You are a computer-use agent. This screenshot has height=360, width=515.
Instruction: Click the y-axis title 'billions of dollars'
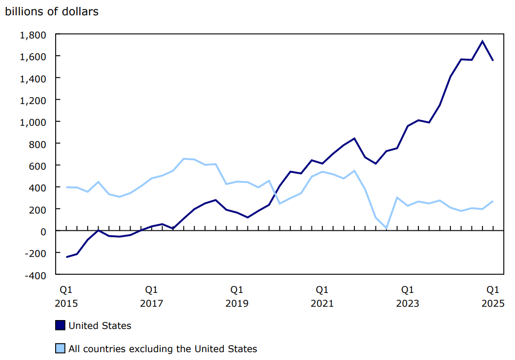(x=52, y=11)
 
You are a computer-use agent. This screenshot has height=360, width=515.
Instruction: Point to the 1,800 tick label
(x=33, y=35)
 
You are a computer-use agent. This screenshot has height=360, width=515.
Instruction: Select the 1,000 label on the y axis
(x=33, y=122)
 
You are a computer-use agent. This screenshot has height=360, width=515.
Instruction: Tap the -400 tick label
(x=35, y=275)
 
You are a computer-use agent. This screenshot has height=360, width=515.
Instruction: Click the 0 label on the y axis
(x=43, y=231)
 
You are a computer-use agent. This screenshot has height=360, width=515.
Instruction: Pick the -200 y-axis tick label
(x=35, y=252)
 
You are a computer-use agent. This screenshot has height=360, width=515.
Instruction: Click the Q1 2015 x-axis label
(x=66, y=296)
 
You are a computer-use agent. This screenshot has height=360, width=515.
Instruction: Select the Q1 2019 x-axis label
(x=237, y=296)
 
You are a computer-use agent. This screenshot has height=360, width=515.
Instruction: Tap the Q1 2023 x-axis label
(x=407, y=296)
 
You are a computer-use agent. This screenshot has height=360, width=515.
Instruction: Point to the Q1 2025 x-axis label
(x=493, y=296)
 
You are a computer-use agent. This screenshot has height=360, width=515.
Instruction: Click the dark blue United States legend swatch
(x=60, y=325)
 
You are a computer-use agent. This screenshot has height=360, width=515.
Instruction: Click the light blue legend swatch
(x=60, y=349)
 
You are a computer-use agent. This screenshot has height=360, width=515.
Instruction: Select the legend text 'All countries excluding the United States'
(x=163, y=349)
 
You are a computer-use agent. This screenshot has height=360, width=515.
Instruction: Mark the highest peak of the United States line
(x=482, y=41)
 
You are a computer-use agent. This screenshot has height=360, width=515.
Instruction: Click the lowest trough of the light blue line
(x=386, y=228)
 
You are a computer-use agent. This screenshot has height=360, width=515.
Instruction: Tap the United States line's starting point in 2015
(x=67, y=257)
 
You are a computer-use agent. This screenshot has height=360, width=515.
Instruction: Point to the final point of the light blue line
(x=493, y=201)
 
